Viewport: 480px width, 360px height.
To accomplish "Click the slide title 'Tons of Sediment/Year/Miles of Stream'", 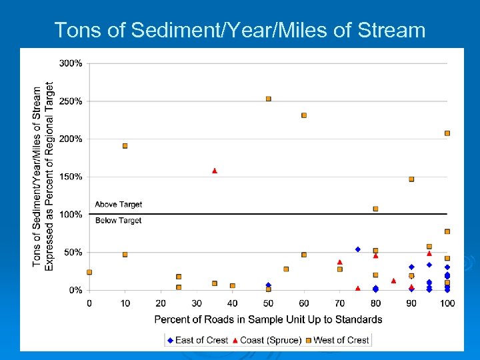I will coord(239,30).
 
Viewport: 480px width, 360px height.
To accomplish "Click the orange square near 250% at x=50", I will coord(268,99).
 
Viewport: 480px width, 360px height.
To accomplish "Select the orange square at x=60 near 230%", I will coord(304,115).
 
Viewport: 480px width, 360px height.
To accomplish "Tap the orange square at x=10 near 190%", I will coord(125,146).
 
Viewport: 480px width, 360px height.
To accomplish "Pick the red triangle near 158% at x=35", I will coord(215,171).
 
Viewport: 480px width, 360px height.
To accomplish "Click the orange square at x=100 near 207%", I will coord(447,133).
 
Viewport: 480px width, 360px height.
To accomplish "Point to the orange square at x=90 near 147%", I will coord(411,179).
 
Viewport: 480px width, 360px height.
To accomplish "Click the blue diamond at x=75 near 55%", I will coord(357,249).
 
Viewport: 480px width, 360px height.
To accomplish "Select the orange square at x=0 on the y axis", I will coord(89,272).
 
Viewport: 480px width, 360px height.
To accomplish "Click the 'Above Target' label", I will coord(118,205).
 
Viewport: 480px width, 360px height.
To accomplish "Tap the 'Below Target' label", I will coord(118,221).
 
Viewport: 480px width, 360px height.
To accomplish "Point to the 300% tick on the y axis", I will coord(71,63).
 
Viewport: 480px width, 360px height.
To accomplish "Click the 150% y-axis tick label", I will coord(71,177).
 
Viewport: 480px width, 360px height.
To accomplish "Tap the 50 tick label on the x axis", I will coord(268,303).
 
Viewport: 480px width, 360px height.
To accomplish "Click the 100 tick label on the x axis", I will coord(447,303).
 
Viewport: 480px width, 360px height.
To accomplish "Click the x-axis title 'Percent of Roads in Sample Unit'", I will coord(268,319).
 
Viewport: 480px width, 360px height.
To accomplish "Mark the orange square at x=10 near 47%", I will coord(125,255).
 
